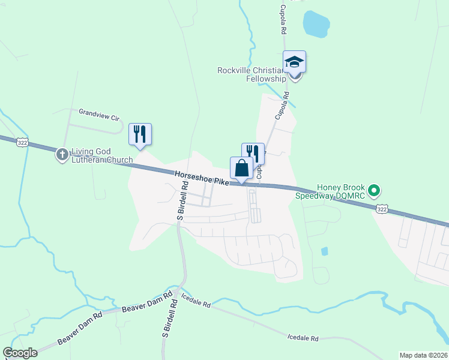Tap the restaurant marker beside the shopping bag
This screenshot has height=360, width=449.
click(253, 153)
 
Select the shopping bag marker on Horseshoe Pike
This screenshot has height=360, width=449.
click(241, 167)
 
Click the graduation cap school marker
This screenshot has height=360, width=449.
click(294, 62)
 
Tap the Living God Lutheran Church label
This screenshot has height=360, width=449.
click(101, 155)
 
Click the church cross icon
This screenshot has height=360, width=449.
click(62, 155)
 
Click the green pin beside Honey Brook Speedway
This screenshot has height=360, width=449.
click(375, 191)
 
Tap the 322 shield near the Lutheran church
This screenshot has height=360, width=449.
click(23, 142)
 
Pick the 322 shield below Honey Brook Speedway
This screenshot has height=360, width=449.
click(382, 208)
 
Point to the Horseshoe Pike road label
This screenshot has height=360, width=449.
click(201, 178)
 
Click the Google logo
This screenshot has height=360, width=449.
click(20, 353)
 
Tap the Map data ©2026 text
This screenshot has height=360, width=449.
click(423, 355)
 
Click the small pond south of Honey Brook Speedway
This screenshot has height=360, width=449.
click(325, 251)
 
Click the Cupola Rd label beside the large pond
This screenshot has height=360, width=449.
click(283, 21)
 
